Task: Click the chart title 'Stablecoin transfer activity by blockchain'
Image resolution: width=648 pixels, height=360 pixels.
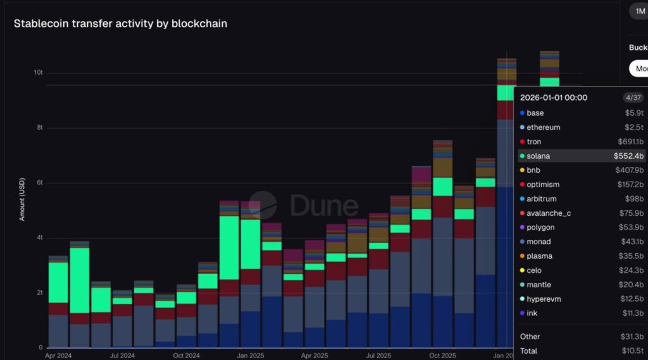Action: tap(120, 23)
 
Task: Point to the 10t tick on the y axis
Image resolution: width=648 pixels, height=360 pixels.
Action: tap(38, 73)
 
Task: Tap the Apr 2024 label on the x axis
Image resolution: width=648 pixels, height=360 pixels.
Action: tap(58, 356)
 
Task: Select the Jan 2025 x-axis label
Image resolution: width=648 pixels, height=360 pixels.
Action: tap(251, 356)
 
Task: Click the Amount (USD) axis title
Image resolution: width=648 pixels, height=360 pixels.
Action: tap(22, 197)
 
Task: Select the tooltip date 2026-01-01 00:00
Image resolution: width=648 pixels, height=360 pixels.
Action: tap(554, 97)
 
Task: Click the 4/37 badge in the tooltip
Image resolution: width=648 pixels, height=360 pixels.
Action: tap(633, 97)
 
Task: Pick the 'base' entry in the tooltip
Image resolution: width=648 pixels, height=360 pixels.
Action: tap(535, 113)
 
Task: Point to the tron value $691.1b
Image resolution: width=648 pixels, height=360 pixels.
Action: tap(631, 142)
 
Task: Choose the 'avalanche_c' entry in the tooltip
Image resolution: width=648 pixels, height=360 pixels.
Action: tap(549, 213)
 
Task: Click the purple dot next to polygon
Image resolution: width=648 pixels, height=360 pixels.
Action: tap(521, 227)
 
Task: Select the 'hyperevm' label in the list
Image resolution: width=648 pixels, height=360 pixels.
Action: tap(544, 299)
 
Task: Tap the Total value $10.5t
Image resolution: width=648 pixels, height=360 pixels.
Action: tap(632, 351)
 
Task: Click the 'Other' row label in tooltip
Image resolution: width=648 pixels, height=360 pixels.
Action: tap(530, 337)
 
